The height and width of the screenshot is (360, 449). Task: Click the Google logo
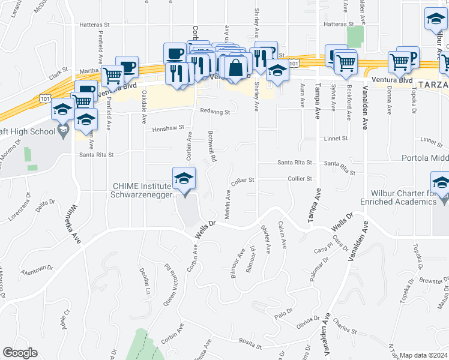click(20, 353)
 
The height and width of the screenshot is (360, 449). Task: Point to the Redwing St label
click(215, 112)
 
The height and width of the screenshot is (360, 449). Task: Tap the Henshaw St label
click(167, 128)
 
